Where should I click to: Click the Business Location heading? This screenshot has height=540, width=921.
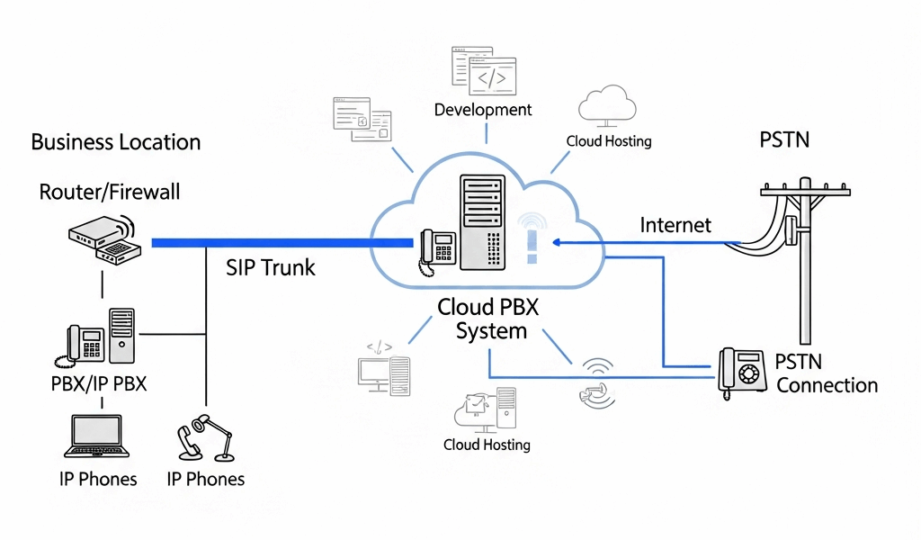coord(115,142)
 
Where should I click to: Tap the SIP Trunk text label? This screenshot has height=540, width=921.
coord(271,267)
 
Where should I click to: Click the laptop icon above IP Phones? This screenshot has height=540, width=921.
coord(96,438)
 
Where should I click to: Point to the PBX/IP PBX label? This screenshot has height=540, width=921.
coord(99,384)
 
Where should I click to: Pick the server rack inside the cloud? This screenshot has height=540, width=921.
coord(480,222)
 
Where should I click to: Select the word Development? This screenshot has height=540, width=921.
coord(483,110)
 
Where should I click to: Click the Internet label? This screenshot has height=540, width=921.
coord(675,225)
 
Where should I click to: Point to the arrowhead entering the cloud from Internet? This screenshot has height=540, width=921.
coord(558,242)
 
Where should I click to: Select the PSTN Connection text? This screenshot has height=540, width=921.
coord(826,373)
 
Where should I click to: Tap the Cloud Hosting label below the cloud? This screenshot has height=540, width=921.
coord(487,445)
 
